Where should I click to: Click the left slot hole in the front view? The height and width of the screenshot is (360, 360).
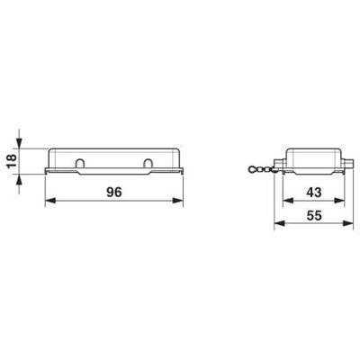pyautogui.click(x=81, y=164)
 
